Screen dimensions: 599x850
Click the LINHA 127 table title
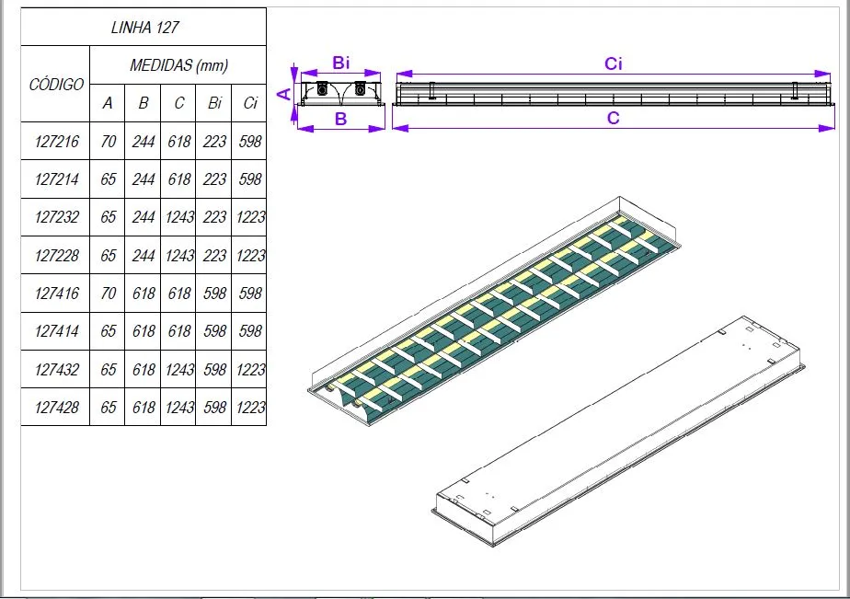pyautogui.click(x=143, y=27)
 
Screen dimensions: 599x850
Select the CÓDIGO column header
pyautogui.click(x=56, y=85)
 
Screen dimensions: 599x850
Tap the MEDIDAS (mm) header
pyautogui.click(x=178, y=65)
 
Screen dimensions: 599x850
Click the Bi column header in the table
pyautogui.click(x=214, y=103)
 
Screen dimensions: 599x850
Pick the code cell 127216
pyautogui.click(x=56, y=142)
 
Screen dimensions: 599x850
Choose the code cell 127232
pyautogui.click(x=56, y=218)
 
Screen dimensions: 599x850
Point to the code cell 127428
pyautogui.click(x=56, y=408)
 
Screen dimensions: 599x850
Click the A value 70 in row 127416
pyautogui.click(x=109, y=294)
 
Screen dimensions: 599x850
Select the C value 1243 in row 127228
pyautogui.click(x=179, y=256)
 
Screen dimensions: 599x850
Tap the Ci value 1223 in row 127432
pyautogui.click(x=250, y=370)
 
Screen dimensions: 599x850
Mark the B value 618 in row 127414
pyautogui.click(x=144, y=331)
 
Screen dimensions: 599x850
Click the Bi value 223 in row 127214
pyautogui.click(x=214, y=179)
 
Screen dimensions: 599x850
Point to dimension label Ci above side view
pyautogui.click(x=614, y=63)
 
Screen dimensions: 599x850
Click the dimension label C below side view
pyautogui.click(x=614, y=118)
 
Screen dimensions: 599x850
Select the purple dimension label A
pyautogui.click(x=284, y=93)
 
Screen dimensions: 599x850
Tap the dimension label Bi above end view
pyautogui.click(x=341, y=63)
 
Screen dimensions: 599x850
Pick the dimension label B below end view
pyautogui.click(x=340, y=118)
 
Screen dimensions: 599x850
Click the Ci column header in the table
pyautogui.click(x=250, y=103)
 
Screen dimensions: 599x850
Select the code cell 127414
pyautogui.click(x=56, y=331)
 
